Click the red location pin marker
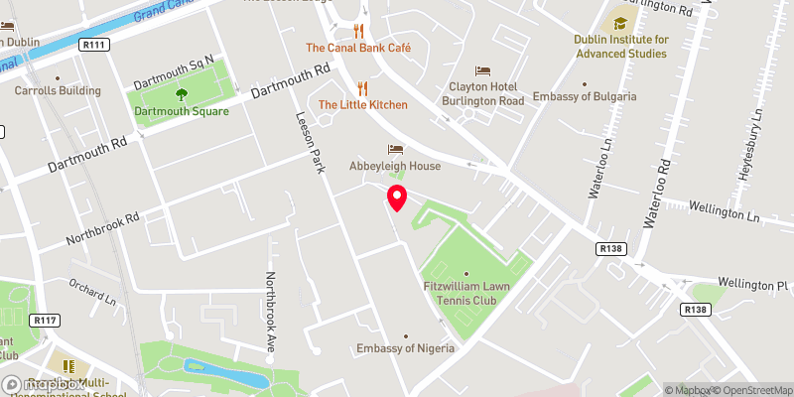tap(396, 198)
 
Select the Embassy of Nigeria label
tap(406, 348)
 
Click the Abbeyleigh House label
tap(394, 166)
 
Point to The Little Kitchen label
tap(362, 104)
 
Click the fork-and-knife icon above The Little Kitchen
tap(362, 87)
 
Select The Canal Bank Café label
tap(358, 48)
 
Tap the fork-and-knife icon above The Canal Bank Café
tap(359, 31)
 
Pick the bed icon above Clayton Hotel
tap(482, 70)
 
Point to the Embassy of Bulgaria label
tap(585, 97)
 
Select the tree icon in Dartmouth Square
tap(182, 94)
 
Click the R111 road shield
tap(94, 44)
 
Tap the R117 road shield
tap(44, 320)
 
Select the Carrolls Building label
tap(58, 90)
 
